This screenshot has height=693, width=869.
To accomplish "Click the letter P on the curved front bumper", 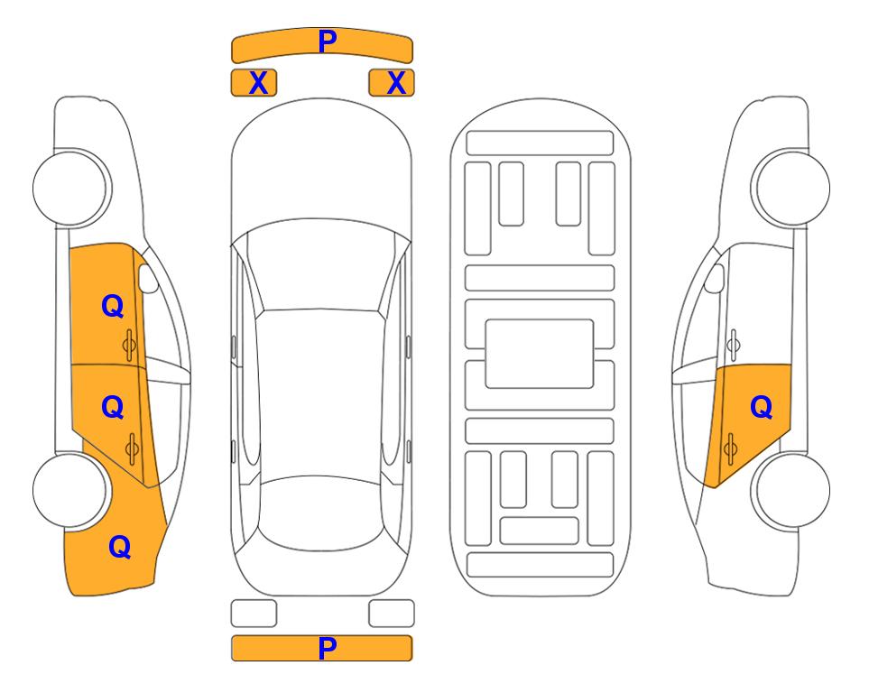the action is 328,42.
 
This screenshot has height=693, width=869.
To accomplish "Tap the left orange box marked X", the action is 254,83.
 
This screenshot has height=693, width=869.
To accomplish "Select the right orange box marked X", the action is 392,83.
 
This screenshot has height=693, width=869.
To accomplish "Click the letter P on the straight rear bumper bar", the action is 327,648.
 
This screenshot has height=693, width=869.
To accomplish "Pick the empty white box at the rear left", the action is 254,614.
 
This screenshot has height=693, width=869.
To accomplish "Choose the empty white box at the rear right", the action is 392,614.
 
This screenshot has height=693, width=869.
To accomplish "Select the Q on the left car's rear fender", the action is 120,547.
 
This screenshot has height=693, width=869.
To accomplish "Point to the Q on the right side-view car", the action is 761,408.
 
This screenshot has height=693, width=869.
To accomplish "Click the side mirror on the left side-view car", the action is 148,278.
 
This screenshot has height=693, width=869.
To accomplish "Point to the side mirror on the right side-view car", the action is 714,278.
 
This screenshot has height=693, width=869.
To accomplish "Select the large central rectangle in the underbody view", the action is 540,354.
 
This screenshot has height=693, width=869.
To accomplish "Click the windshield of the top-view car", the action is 320,266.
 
